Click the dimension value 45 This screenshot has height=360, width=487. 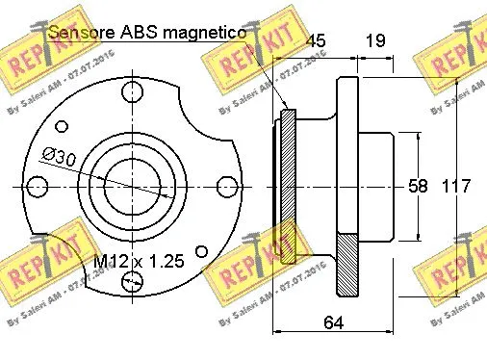[x=316, y=40]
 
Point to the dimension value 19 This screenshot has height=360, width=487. [x=375, y=40]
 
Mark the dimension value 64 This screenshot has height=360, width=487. [x=332, y=323]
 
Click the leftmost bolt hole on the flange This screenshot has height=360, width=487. [x=38, y=185]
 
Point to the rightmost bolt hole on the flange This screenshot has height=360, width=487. [x=225, y=185]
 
